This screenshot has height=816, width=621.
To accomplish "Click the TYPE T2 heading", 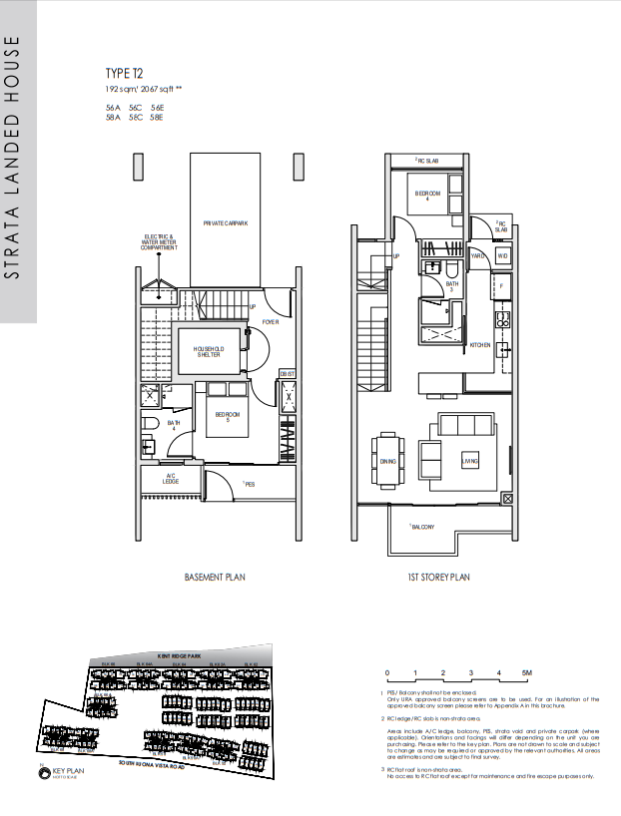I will pos(125,73).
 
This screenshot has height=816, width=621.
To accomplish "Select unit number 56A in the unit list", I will pos(113,107).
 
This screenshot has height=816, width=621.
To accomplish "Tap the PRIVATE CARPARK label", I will pos(227,223).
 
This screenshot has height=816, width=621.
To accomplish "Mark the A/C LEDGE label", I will pos(171,479).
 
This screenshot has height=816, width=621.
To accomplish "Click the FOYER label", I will pos(270,323).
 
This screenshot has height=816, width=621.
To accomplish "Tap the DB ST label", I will pos(287,372).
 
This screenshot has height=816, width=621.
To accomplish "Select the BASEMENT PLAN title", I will pos(215,577).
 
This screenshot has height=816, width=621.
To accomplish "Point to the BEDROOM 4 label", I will pos(428,195).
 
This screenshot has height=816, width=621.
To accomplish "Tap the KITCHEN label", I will pos(480,345).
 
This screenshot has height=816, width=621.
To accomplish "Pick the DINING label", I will pos(388,461).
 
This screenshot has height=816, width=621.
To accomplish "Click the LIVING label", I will pos(469,461).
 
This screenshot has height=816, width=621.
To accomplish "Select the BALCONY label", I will pos(421,527).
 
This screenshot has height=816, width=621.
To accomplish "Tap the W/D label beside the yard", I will pos(502,256).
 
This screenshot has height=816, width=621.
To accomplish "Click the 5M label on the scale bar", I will pos(526,673).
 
